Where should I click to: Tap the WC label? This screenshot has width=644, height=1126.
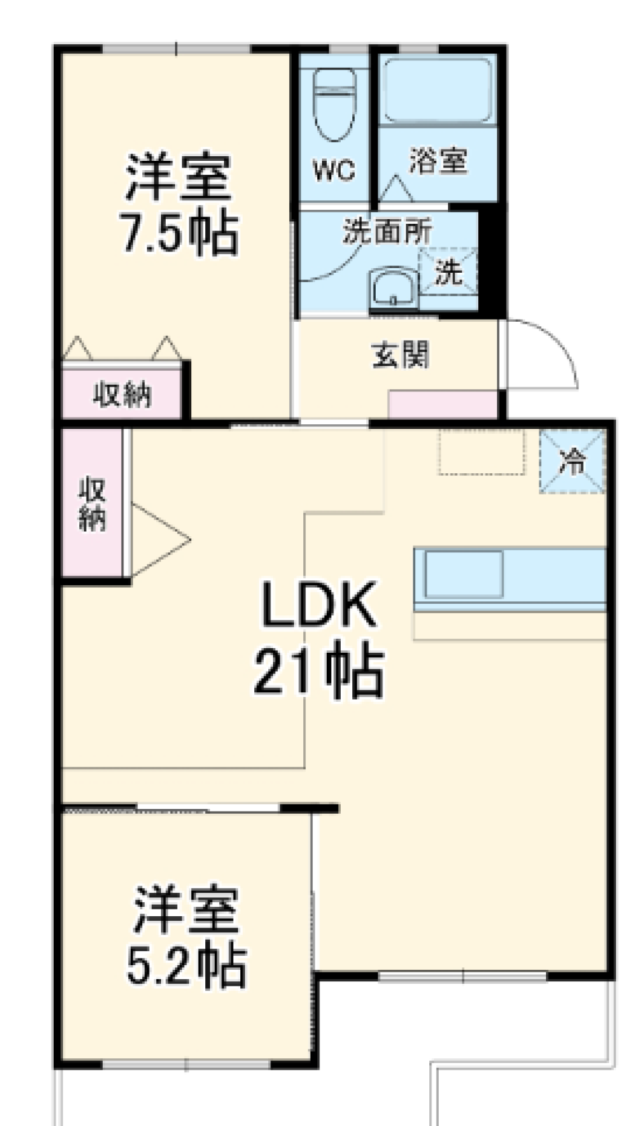click(333, 171)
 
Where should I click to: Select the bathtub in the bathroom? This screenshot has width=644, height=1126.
click(438, 90)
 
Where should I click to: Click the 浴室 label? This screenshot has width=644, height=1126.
click(438, 162)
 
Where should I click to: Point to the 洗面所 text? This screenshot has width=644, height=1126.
click(387, 232)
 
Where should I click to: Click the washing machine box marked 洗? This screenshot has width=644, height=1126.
click(447, 271)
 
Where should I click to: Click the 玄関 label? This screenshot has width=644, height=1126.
click(400, 355)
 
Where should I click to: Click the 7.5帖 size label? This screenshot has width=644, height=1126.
click(178, 233)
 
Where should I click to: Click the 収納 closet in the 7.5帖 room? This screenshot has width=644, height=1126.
click(122, 394)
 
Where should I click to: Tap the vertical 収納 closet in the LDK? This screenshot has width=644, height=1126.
click(93, 503)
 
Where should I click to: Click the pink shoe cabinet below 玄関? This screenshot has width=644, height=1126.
click(443, 405)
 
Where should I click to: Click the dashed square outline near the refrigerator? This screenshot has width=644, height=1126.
click(482, 451)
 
